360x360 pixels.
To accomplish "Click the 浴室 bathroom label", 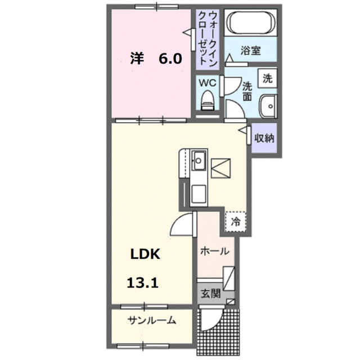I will (x=250, y=50).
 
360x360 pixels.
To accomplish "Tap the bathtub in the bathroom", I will (x=251, y=25).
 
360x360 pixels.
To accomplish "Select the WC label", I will (x=209, y=82).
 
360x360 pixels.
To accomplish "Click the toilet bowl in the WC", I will (x=209, y=101).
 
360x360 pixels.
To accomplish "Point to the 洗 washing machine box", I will (x=268, y=78).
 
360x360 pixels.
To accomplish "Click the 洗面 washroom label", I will (x=247, y=90).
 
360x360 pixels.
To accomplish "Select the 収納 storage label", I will (x=263, y=138).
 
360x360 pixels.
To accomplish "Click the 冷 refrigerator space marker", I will (x=236, y=221).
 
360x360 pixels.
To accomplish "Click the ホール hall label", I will (x=215, y=251).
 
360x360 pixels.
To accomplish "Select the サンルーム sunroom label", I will (x=151, y=321).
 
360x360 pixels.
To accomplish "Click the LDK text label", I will (x=146, y=254).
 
